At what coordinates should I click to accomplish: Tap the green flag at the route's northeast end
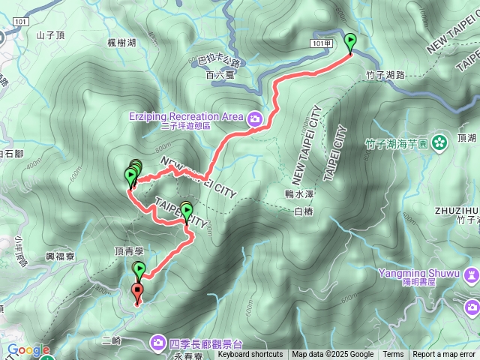tap(350, 42)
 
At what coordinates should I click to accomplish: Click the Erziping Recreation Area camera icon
tap(255, 118)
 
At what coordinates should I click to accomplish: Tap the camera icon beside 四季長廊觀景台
tap(158, 343)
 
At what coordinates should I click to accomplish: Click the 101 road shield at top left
tap(20, 22)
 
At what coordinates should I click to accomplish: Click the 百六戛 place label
tap(218, 76)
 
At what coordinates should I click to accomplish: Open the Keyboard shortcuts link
tap(250, 355)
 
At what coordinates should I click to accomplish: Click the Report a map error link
tap(444, 355)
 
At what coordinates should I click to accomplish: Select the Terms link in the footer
tap(393, 355)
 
